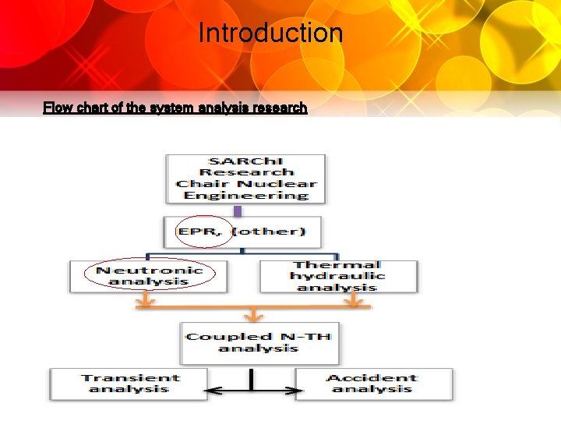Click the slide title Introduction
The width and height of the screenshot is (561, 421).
270,34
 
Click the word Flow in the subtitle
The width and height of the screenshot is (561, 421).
55,108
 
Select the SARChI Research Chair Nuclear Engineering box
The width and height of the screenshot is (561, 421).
245,179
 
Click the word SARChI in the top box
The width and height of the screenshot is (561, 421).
246,161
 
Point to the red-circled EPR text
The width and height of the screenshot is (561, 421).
204,232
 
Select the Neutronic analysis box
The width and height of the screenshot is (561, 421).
149,275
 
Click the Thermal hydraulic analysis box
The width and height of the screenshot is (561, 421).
337,276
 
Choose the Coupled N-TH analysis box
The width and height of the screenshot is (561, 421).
259,342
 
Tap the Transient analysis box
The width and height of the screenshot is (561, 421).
129,384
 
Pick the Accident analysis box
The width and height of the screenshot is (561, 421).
372,384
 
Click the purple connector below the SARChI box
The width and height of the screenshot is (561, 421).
238,210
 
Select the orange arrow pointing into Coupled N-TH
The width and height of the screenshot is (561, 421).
251,314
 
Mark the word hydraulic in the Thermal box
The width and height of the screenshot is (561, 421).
337,276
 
